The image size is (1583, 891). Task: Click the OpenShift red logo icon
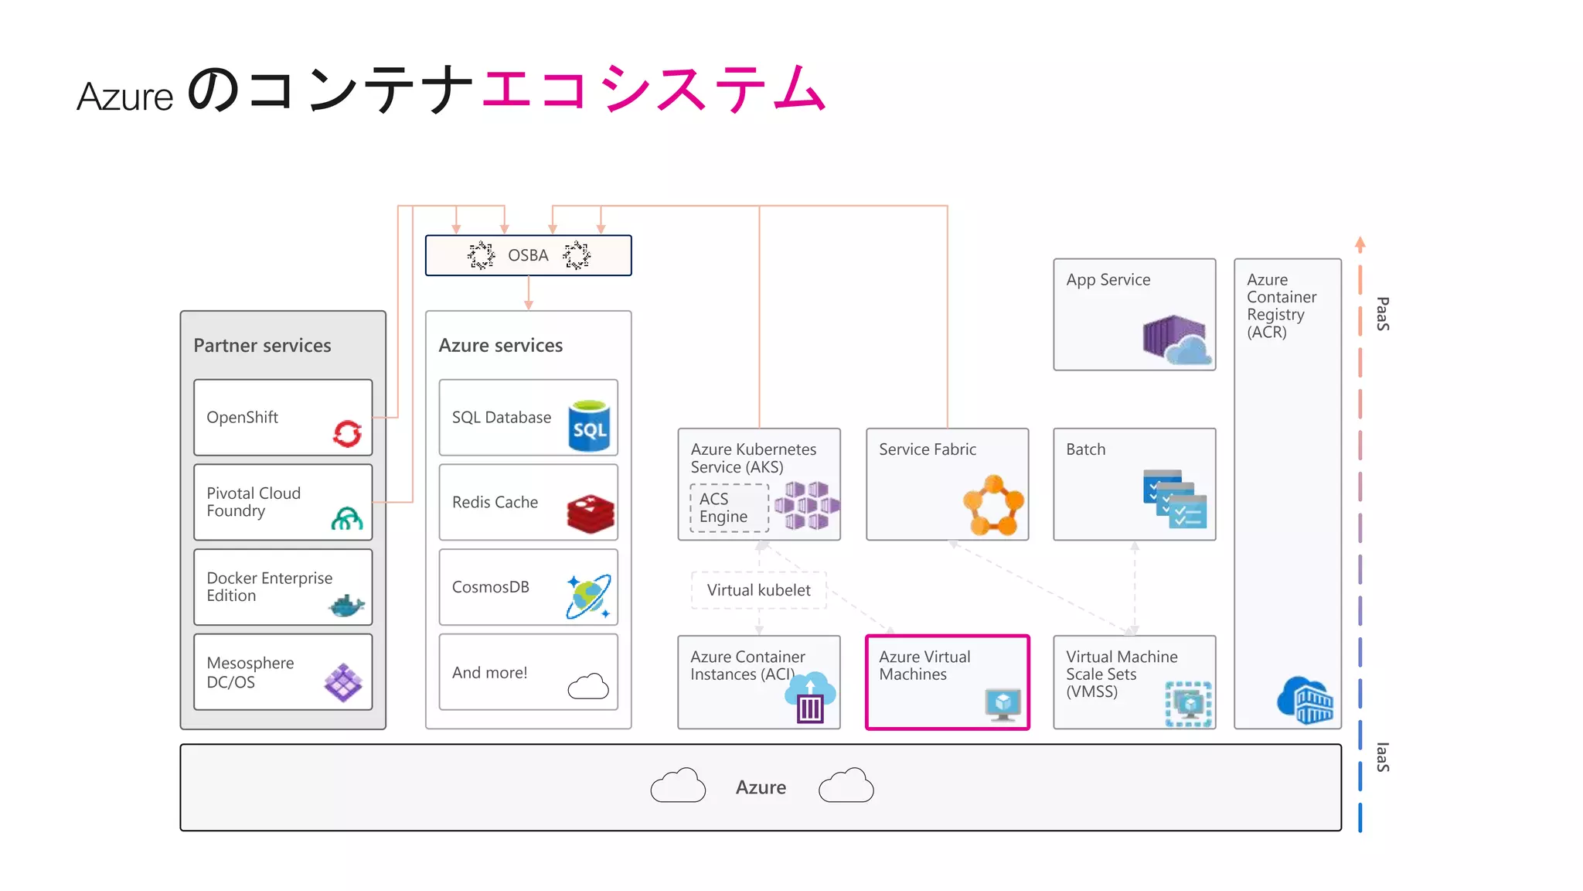pyautogui.click(x=347, y=433)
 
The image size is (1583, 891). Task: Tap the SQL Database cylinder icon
pyautogui.click(x=589, y=425)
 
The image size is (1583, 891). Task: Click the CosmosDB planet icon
pyautogui.click(x=588, y=596)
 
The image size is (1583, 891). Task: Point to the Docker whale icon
pyautogui.click(x=346, y=606)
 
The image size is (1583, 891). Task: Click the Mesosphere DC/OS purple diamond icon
pyautogui.click(x=343, y=682)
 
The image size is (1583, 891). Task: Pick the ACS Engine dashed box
pyautogui.click(x=729, y=508)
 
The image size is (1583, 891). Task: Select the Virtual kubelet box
pyautogui.click(x=758, y=590)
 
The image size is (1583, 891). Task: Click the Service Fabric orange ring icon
pyautogui.click(x=993, y=506)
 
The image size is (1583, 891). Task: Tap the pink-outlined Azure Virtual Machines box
pyautogui.click(x=947, y=682)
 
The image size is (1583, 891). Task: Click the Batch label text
pyautogui.click(x=1085, y=449)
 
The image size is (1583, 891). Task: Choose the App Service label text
pyautogui.click(x=1108, y=280)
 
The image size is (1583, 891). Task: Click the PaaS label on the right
pyautogui.click(x=1383, y=314)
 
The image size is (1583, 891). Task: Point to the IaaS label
pyautogui.click(x=1383, y=757)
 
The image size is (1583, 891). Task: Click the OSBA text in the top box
pyautogui.click(x=528, y=255)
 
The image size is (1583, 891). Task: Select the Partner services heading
pyautogui.click(x=262, y=346)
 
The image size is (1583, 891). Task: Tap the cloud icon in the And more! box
pyautogui.click(x=588, y=686)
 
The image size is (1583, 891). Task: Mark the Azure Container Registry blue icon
pyautogui.click(x=1306, y=700)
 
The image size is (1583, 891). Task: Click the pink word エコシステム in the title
pyautogui.click(x=654, y=88)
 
